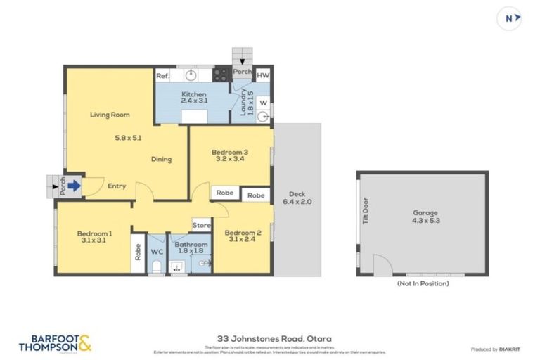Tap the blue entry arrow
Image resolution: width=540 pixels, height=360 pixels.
pos(75,186)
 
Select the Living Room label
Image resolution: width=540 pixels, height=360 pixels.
pos(109,115)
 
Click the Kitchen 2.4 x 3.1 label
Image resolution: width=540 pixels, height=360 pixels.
pos(194,98)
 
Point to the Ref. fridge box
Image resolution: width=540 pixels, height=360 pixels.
pos(162,75)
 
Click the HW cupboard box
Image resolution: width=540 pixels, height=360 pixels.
pos(262,75)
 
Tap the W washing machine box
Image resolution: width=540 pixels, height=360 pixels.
pos(263,102)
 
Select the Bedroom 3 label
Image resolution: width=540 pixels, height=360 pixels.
pos(229,155)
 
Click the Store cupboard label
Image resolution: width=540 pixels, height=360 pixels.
pos(202,225)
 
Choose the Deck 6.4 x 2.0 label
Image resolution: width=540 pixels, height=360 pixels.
pos(296,198)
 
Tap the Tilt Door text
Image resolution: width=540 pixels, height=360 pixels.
pos(364,210)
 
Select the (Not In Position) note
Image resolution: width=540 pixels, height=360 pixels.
pos(423,283)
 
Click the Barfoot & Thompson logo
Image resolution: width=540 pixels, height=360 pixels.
pos(55,342)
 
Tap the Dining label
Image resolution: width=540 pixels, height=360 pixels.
pos(161,159)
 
